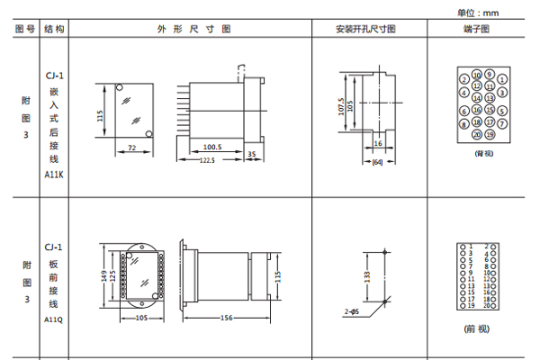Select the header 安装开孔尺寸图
365,29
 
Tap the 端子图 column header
476,29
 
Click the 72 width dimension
131,146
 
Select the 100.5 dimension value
212,146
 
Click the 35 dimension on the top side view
251,155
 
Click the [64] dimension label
377,161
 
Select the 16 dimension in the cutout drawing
378,143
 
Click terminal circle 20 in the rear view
477,134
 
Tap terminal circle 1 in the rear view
500,78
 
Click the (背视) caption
484,153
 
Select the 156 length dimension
227,318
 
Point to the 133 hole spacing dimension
366,277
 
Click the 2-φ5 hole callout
351,311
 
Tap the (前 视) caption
476,328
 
